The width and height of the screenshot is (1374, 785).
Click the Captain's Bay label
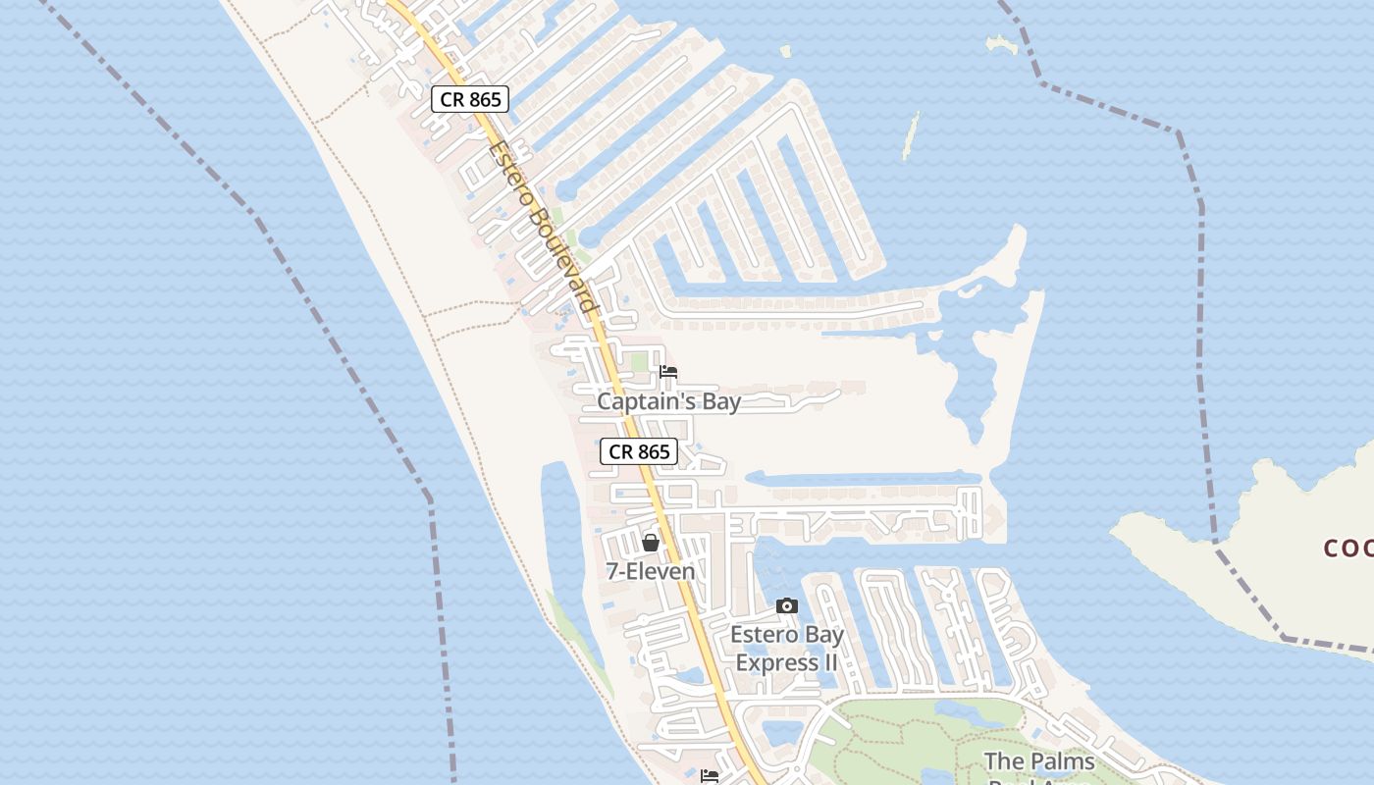point(669,401)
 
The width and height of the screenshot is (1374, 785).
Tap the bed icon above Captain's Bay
point(669,372)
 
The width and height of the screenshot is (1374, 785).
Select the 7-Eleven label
point(651,571)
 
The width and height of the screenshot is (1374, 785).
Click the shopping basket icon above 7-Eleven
point(651,543)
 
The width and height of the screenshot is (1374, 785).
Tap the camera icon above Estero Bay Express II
point(787,606)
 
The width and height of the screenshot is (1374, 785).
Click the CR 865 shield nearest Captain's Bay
point(639,451)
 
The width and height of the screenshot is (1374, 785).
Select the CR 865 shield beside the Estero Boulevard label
point(470,99)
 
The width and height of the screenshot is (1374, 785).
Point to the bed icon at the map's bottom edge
point(710,776)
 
